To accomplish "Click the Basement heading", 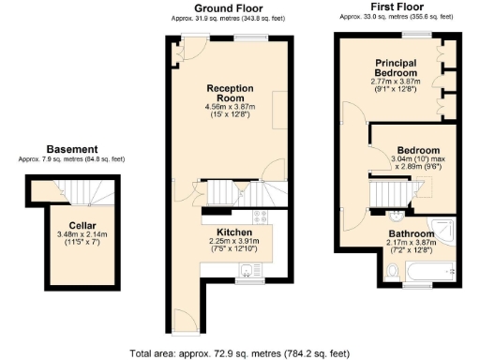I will [x=71, y=149].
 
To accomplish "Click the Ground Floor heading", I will [x=228, y=8].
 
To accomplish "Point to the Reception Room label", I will [x=230, y=93].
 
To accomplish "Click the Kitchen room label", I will [x=233, y=232].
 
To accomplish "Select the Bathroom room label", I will [x=412, y=234].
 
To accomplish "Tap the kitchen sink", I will [x=248, y=272].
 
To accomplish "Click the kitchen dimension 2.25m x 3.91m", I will [x=233, y=241].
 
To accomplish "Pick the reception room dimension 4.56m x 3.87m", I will [x=230, y=107].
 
